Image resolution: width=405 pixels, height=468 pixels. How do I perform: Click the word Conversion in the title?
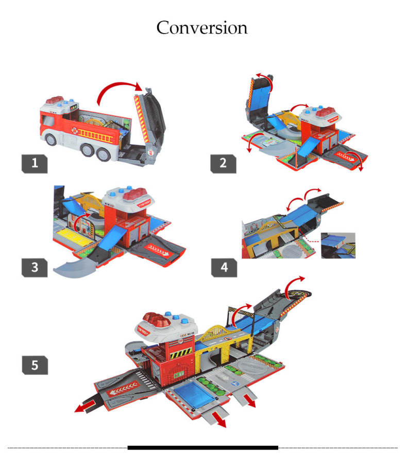[202, 28]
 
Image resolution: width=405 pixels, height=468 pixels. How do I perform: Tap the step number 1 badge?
[35, 164]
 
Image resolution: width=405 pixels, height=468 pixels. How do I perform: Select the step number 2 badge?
[223, 164]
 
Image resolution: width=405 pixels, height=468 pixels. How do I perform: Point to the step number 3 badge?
[35, 267]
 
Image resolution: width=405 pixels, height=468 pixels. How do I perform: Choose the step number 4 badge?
[224, 267]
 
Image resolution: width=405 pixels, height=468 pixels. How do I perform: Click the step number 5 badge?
[35, 365]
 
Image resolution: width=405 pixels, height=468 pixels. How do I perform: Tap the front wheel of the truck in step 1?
[51, 139]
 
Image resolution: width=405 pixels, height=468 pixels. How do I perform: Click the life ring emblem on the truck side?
[74, 130]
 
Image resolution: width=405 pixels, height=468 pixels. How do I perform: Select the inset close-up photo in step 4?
[338, 246]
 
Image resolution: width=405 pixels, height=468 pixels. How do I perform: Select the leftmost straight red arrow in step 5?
[85, 407]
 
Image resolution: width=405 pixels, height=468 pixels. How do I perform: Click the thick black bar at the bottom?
[203, 447]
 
